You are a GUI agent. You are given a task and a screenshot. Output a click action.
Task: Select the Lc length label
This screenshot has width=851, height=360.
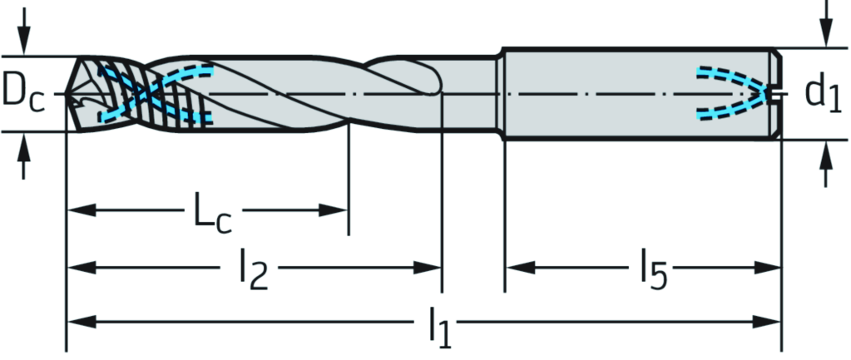tap(211, 214)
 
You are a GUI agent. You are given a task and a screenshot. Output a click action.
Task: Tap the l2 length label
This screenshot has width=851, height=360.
tap(253, 272)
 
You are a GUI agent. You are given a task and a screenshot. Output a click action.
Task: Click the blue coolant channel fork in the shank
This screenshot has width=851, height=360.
tap(732, 92)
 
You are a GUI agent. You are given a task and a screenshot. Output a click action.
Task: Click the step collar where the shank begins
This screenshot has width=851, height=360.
tap(502, 93)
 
